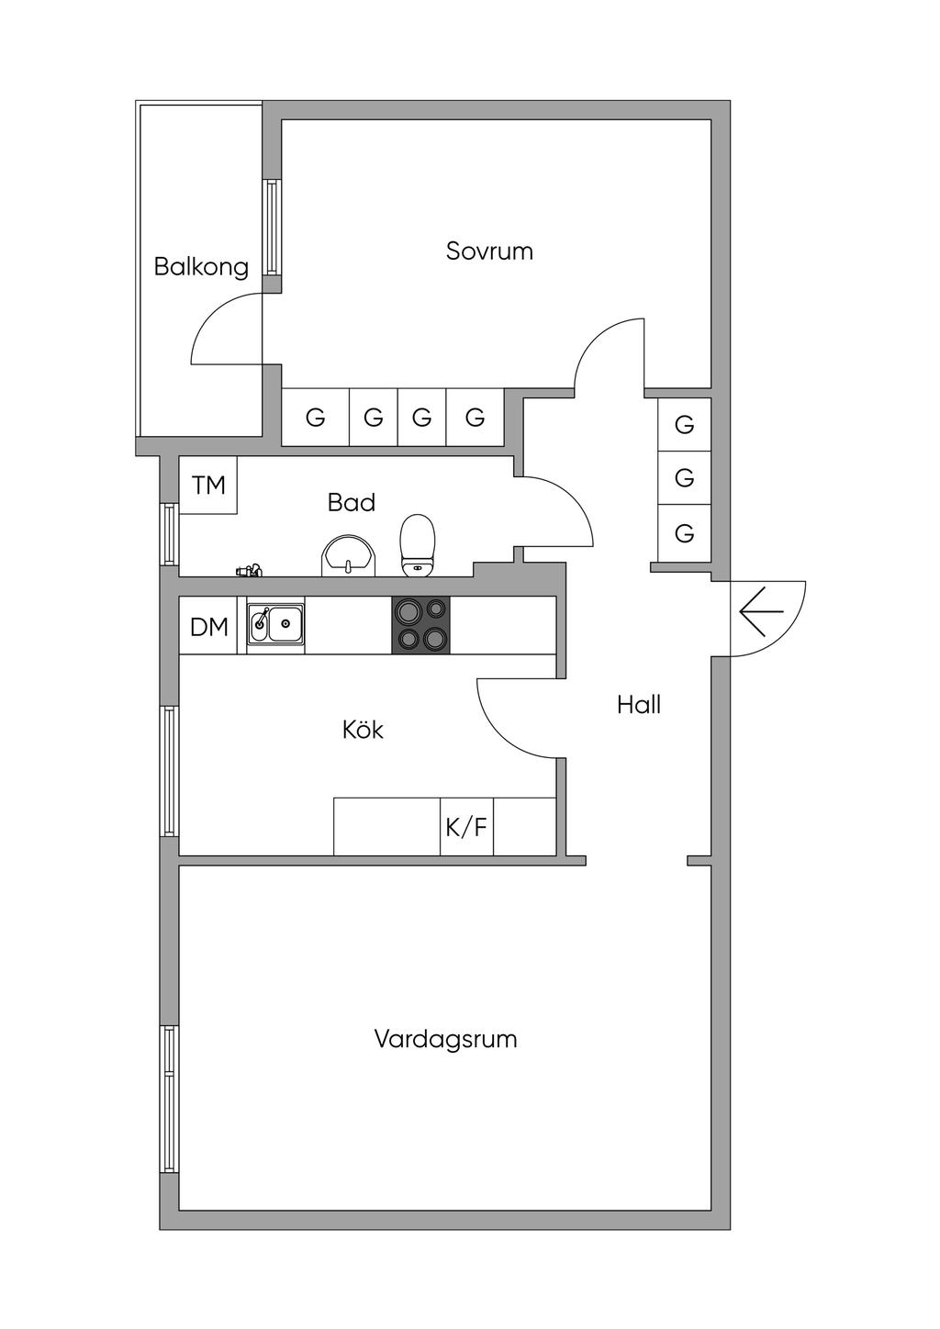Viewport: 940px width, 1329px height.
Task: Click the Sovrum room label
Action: tap(489, 251)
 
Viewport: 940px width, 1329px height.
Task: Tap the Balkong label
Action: tap(201, 267)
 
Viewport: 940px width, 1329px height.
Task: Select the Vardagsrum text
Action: tap(445, 1039)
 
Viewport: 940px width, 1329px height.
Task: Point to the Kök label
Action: tap(363, 730)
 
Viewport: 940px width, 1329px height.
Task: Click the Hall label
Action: tap(639, 705)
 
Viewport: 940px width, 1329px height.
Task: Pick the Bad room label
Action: tap(352, 502)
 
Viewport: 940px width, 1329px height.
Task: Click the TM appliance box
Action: tap(208, 485)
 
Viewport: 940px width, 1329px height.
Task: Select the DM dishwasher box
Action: tap(208, 627)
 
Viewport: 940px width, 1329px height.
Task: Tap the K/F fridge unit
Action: tap(466, 827)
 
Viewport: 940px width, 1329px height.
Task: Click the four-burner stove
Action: tap(421, 625)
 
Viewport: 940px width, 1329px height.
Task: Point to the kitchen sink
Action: tap(274, 625)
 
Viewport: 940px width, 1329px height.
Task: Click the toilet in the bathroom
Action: tap(417, 544)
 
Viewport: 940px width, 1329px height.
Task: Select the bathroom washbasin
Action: tap(348, 556)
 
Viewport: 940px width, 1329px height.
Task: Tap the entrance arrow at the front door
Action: tap(761, 612)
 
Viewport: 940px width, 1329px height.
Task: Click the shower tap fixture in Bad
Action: tap(248, 571)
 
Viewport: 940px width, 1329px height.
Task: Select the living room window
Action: tap(169, 1099)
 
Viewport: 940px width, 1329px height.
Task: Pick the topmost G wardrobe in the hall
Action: tap(684, 425)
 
